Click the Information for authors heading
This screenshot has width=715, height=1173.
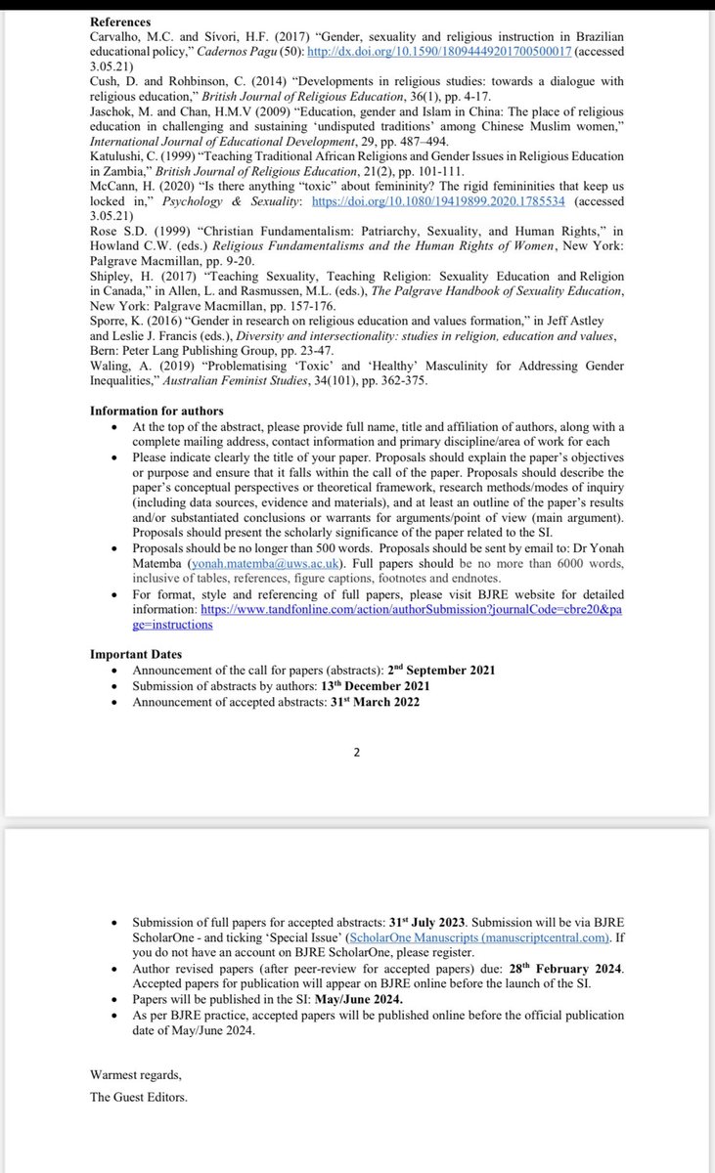click(x=156, y=410)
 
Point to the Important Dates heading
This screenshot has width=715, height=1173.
click(x=136, y=655)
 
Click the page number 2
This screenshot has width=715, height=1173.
click(x=357, y=752)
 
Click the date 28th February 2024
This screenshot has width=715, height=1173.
click(x=571, y=969)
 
